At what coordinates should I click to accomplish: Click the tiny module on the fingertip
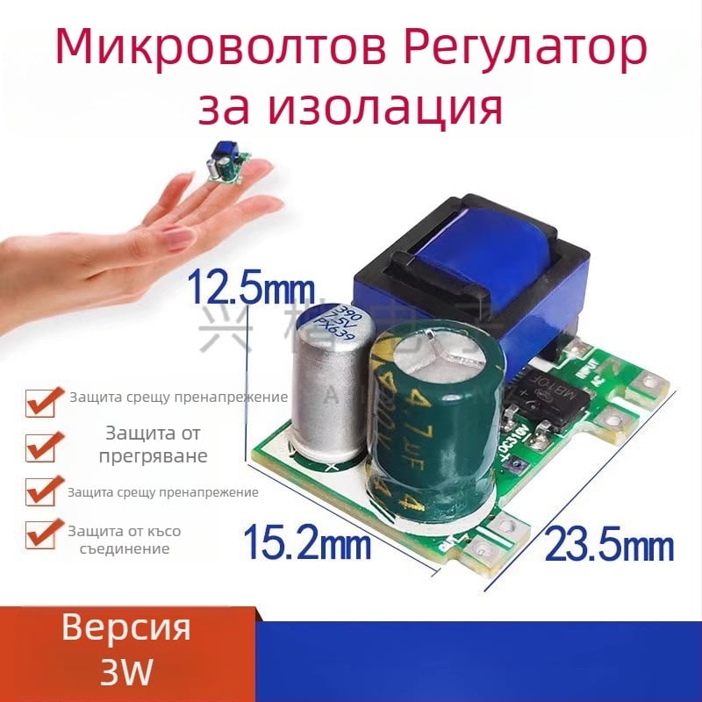(x=227, y=164)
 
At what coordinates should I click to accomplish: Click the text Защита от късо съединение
(x=118, y=540)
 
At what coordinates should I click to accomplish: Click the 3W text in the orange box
(x=126, y=672)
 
